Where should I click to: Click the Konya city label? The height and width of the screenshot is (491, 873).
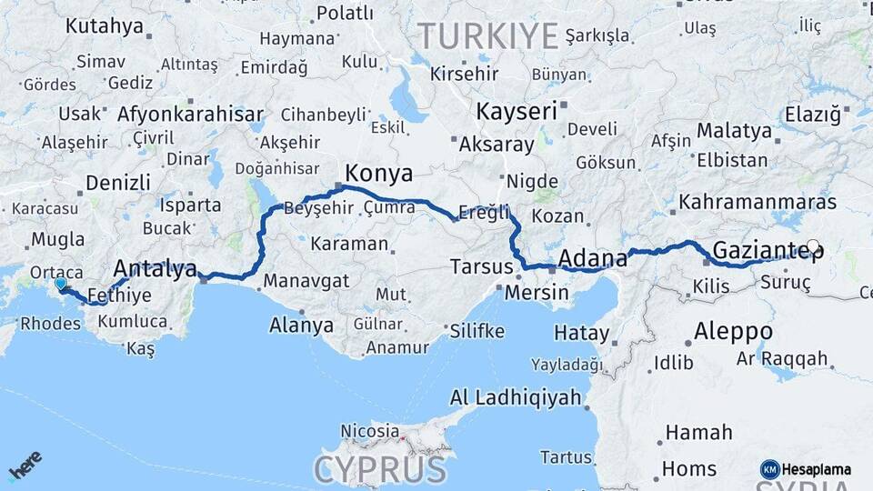point(378,173)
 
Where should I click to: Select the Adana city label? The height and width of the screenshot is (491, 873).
point(592,258)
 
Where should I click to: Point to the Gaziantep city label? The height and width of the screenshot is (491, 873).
point(766,249)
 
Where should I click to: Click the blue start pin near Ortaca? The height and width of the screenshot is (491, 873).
point(60,284)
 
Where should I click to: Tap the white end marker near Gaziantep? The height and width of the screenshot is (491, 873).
point(813,245)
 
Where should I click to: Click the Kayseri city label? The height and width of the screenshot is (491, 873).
point(516,112)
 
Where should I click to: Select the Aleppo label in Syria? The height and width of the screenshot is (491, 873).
point(733,331)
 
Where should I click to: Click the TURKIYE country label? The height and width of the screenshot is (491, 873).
point(487,36)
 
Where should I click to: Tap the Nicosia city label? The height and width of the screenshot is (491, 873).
point(369,430)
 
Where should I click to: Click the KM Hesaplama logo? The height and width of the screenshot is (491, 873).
point(805,469)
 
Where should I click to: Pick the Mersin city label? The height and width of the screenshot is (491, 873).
point(536,293)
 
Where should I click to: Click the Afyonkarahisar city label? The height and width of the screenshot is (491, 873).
point(190,115)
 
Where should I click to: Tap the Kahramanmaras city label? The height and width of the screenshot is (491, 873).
point(757,202)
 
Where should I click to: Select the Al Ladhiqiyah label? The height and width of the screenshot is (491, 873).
point(515,397)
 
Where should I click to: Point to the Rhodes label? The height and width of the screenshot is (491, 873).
point(50,323)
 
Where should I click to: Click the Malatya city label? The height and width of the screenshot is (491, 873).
point(733,130)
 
